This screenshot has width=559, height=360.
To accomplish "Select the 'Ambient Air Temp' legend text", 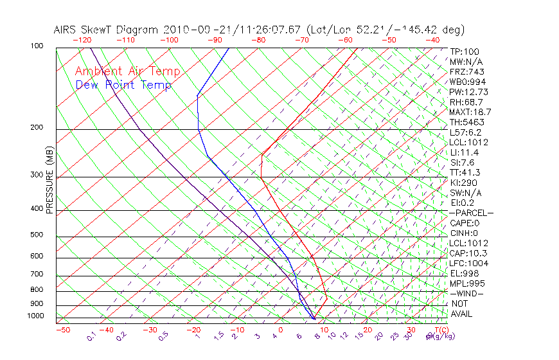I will coord(127,71).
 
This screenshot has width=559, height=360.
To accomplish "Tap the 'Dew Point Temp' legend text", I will coord(123,85).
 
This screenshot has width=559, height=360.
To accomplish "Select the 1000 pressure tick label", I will coord(36,316).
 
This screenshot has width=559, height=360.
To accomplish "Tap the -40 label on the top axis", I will coord(432,40).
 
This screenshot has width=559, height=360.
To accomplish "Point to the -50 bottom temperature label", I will coord(62,330).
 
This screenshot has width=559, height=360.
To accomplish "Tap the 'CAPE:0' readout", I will coord(466,223).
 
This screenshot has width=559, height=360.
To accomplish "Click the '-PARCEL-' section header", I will coord(471,213).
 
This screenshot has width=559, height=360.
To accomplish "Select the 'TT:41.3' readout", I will coord(466,172).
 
